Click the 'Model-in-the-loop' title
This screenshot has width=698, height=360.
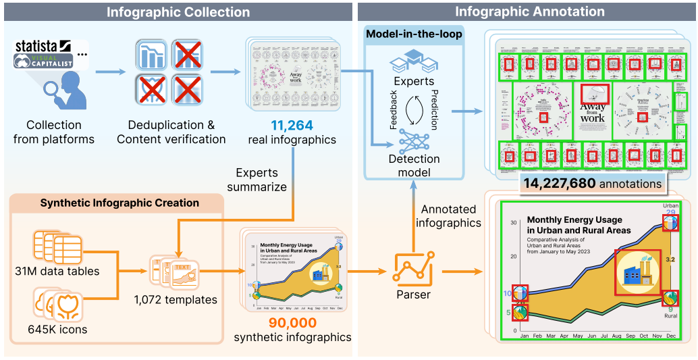(414, 34)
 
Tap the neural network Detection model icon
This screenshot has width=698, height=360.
(414, 138)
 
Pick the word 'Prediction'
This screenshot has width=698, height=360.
(434, 108)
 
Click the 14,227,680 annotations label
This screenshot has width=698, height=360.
(592, 184)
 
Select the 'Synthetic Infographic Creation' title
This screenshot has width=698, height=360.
(119, 203)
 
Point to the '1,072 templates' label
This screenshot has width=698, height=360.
(176, 300)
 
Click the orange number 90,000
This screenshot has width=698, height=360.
(293, 324)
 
